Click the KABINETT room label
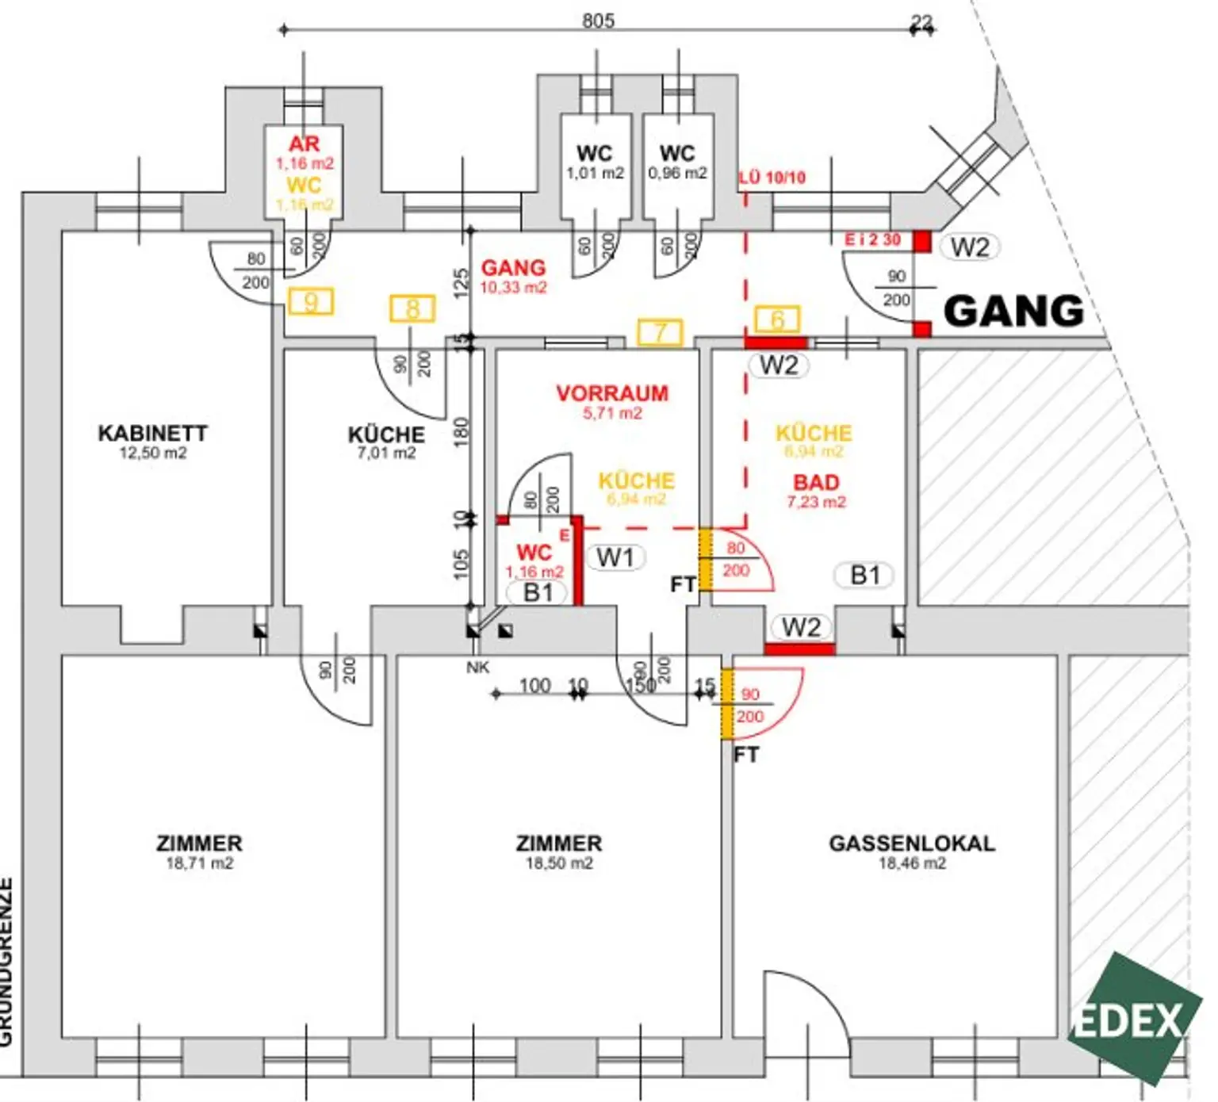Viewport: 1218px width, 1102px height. pyautogui.click(x=152, y=433)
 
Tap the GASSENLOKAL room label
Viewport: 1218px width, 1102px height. pyautogui.click(x=911, y=843)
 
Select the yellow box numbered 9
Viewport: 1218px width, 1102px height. pyautogui.click(x=311, y=302)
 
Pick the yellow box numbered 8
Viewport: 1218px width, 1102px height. pyautogui.click(x=412, y=308)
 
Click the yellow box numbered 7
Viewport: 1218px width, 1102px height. pyautogui.click(x=660, y=332)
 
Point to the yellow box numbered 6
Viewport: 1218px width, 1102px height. pyautogui.click(x=777, y=320)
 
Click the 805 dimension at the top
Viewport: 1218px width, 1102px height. pyautogui.click(x=598, y=21)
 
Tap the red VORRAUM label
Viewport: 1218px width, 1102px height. pyautogui.click(x=612, y=393)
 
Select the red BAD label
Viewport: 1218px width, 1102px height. pyautogui.click(x=816, y=482)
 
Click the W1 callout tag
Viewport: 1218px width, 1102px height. pyautogui.click(x=615, y=557)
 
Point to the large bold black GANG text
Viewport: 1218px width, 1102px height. pyautogui.click(x=1013, y=311)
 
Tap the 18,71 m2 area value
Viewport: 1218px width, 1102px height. pyautogui.click(x=200, y=863)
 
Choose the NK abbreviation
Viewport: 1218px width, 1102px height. pyautogui.click(x=477, y=668)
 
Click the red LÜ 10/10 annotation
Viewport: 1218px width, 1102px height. pyautogui.click(x=772, y=178)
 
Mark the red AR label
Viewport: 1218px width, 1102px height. pyautogui.click(x=304, y=144)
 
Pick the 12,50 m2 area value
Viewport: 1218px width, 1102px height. pyautogui.click(x=152, y=453)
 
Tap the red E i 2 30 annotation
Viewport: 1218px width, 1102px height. pyautogui.click(x=872, y=239)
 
